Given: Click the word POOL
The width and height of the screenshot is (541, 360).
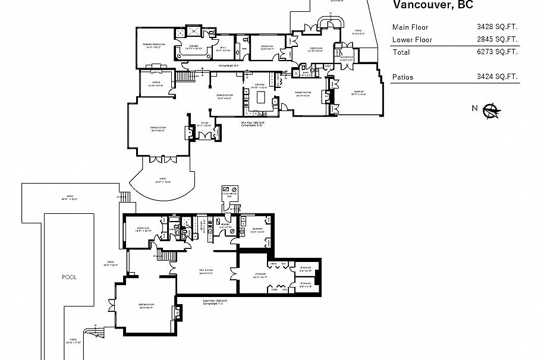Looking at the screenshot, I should [x=69, y=277].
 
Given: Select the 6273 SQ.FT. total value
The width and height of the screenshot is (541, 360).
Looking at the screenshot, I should [x=497, y=52].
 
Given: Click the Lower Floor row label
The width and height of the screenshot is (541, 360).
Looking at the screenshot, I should [x=411, y=40].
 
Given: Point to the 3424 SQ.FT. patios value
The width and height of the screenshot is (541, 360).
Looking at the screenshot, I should [x=497, y=77].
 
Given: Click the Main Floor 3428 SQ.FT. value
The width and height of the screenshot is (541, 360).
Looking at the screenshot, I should [x=497, y=27].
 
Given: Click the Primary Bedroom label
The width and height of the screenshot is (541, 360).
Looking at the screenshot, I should [x=153, y=45].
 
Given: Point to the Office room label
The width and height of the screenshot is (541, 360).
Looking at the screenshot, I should [x=156, y=83].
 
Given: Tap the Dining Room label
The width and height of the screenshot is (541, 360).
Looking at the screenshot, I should [x=224, y=96].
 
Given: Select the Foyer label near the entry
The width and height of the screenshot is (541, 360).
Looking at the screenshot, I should [x=205, y=125].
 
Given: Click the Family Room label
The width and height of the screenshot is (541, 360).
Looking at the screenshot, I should [x=304, y=93].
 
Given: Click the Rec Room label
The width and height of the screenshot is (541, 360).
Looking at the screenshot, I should [x=206, y=272].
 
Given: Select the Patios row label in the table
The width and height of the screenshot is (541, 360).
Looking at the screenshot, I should [x=402, y=77].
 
